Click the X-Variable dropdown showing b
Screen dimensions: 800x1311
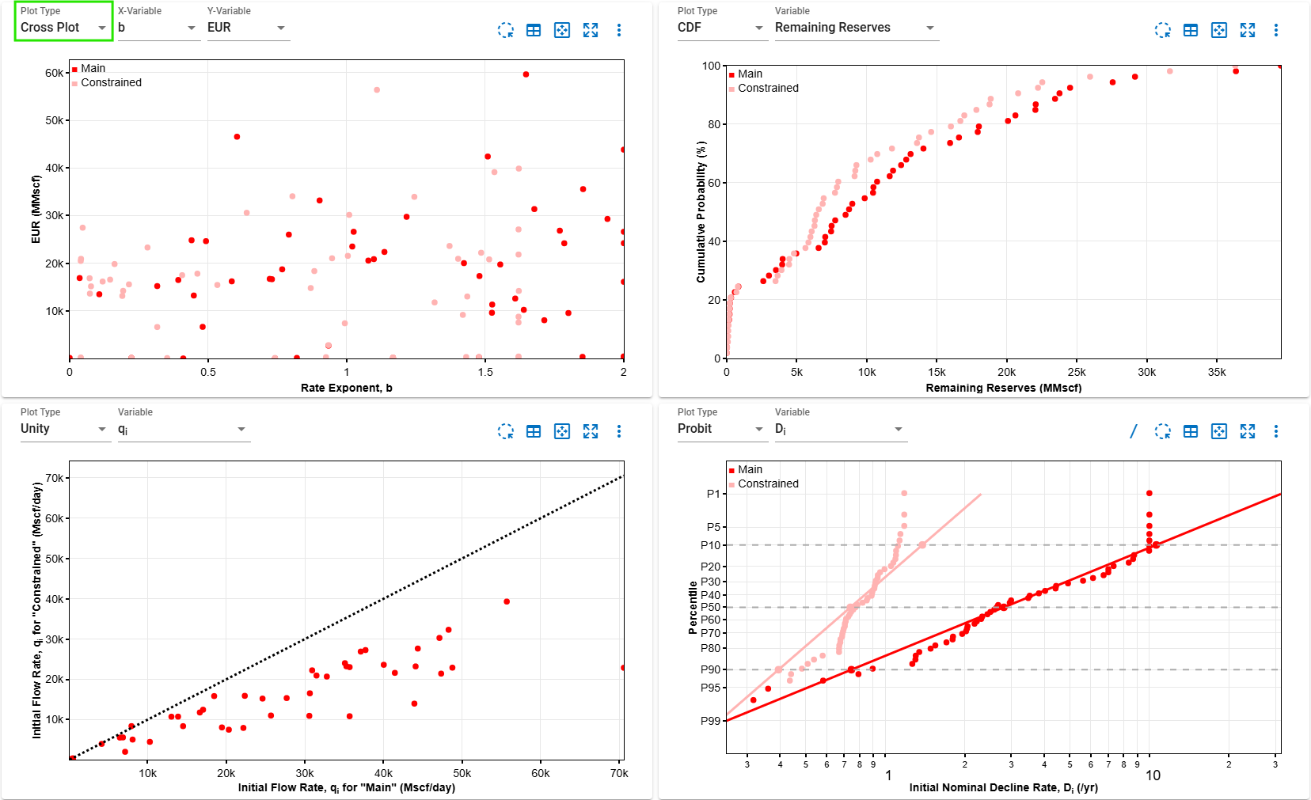[157, 28]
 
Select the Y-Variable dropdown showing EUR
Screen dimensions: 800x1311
[247, 28]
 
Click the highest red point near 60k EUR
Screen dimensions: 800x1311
[526, 74]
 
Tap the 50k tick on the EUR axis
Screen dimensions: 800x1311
[54, 120]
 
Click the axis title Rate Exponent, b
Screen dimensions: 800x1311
[346, 388]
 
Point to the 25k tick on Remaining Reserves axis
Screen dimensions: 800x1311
[1077, 372]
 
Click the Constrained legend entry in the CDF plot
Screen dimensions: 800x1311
[767, 88]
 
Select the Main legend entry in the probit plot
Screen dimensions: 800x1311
[749, 469]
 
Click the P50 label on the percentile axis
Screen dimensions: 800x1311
[710, 607]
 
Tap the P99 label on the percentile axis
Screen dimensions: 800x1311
[710, 721]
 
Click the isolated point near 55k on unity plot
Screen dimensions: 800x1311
[507, 601]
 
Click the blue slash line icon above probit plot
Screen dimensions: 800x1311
[1133, 431]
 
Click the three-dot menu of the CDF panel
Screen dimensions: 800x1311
[1275, 30]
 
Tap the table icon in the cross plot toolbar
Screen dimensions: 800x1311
[534, 30]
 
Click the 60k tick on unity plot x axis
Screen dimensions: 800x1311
[540, 773]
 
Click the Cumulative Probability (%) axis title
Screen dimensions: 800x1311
[701, 212]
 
